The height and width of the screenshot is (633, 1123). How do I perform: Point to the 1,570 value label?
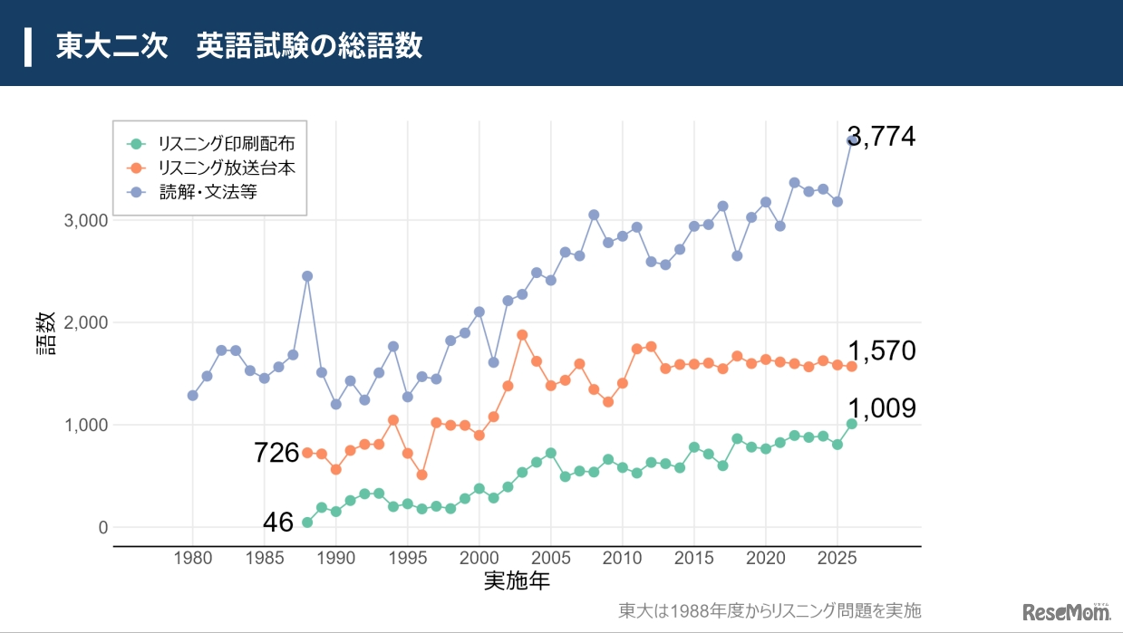click(881, 351)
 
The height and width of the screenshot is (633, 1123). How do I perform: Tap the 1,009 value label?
click(881, 409)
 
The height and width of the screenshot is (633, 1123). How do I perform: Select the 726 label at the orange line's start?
click(276, 453)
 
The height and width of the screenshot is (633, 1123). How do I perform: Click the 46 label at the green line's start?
click(278, 523)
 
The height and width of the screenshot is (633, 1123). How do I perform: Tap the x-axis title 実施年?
click(517, 580)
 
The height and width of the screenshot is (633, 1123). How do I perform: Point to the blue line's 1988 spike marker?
click(307, 276)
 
